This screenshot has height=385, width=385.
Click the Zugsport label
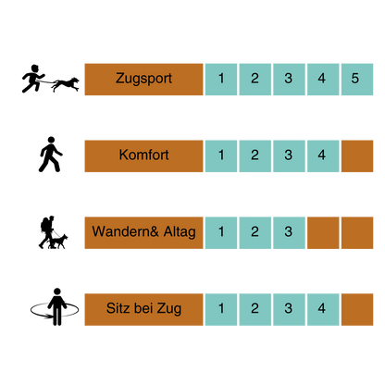pyautogui.click(x=143, y=80)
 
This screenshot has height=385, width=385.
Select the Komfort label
pyautogui.click(x=143, y=155)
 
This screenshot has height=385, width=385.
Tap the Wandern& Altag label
pyautogui.click(x=143, y=232)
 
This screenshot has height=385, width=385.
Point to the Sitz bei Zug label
pyautogui.click(x=143, y=309)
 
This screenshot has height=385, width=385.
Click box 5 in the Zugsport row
pyautogui.click(x=357, y=80)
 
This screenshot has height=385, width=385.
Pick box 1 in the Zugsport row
pyautogui.click(x=221, y=80)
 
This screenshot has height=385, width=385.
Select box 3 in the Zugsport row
pyautogui.click(x=289, y=80)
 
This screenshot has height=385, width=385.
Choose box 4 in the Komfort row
pyautogui.click(x=323, y=155)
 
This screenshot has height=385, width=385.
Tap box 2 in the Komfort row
pyautogui.click(x=255, y=155)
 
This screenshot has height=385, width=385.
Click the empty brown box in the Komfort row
pyautogui.click(x=357, y=155)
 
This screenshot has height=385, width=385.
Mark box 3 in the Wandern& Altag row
pyautogui.click(x=289, y=232)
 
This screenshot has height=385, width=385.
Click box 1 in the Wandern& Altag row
pyautogui.click(x=221, y=232)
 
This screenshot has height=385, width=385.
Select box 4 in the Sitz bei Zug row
pyautogui.click(x=323, y=309)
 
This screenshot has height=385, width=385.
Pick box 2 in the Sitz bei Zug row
pyautogui.click(x=255, y=309)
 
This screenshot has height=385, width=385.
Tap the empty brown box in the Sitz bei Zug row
pyautogui.click(x=357, y=309)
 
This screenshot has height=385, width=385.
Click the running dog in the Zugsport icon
pyautogui.click(x=66, y=84)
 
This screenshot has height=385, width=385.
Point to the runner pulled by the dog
pyautogui.click(x=32, y=79)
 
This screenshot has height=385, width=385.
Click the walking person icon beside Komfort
pyautogui.click(x=50, y=155)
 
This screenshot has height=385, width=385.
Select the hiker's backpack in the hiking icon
pyautogui.click(x=44, y=225)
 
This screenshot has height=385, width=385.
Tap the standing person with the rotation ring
pyautogui.click(x=57, y=307)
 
